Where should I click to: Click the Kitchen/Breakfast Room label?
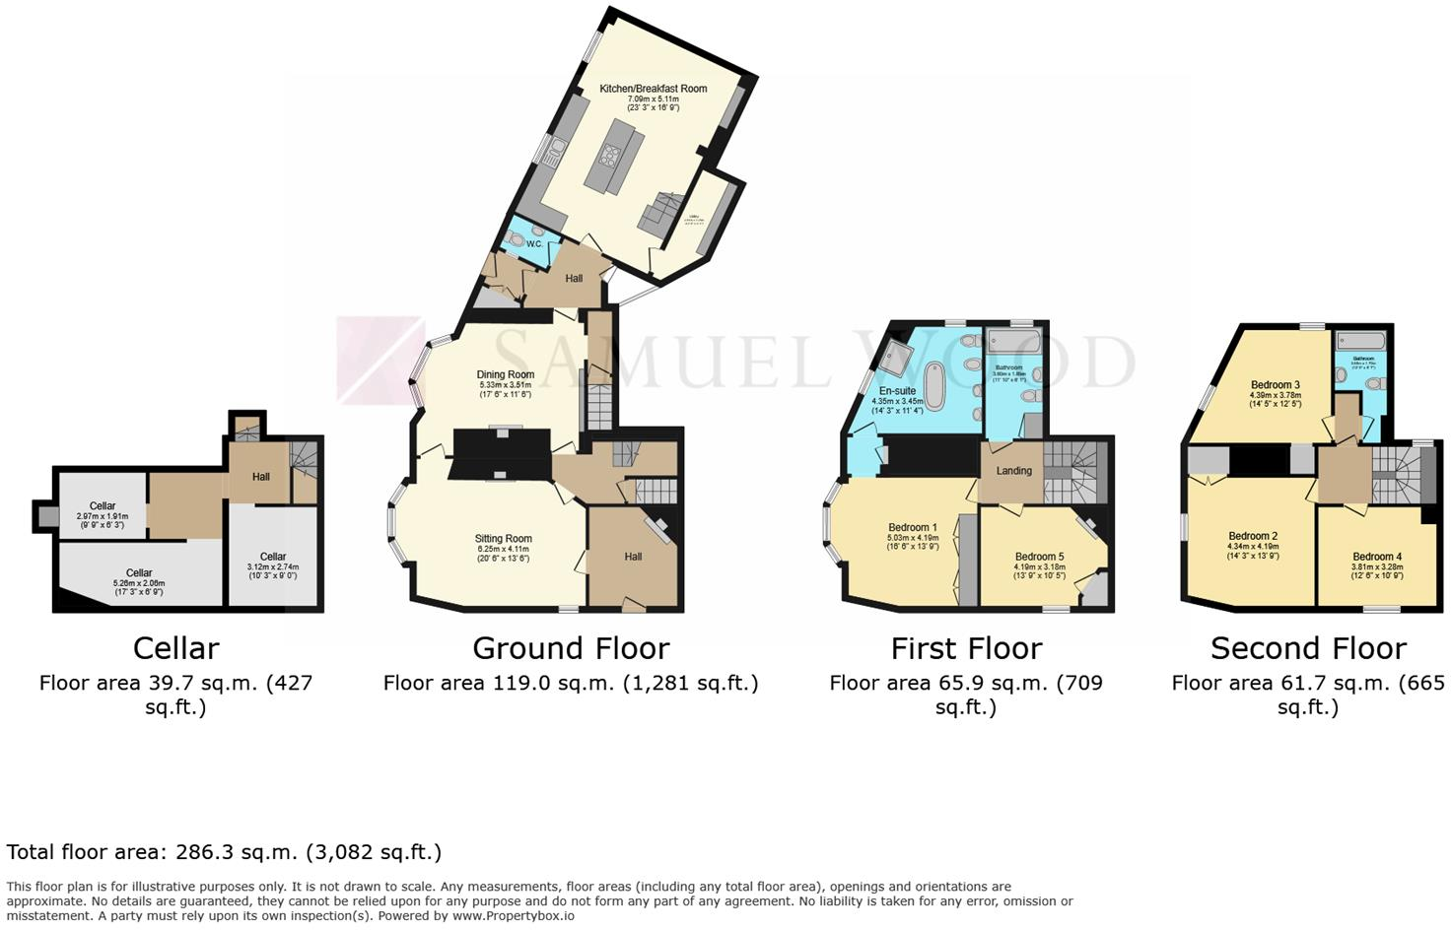pos(653,89)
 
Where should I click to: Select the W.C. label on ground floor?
pos(534,243)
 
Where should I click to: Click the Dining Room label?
pos(505,374)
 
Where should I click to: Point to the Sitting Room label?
pos(503,539)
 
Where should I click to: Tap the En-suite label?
pos(897,391)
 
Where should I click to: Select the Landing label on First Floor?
pos(1013,471)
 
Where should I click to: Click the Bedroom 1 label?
pos(912,528)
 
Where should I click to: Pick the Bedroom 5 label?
pos(1039,557)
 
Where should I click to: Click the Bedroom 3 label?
pos(1275,385)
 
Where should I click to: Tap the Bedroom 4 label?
pos(1376,557)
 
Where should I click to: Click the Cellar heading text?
pos(175,648)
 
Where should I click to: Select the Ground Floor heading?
pos(571,648)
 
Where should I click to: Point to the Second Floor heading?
pos(1308,648)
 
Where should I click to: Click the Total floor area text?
pos(224,852)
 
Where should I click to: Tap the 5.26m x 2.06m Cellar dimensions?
pos(139,583)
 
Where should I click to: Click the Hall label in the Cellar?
pos(260,477)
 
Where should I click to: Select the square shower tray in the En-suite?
pos(896,358)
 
